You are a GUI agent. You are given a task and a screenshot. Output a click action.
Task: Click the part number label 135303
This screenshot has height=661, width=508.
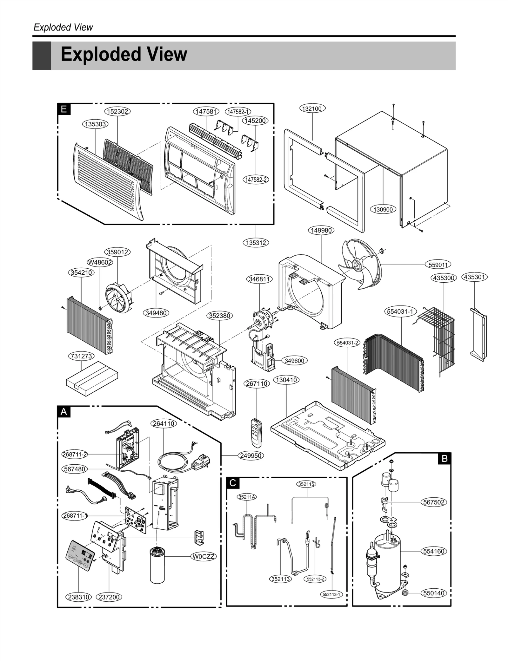[95, 124]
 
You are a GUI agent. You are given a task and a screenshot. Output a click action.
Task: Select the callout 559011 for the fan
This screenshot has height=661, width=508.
[438, 265]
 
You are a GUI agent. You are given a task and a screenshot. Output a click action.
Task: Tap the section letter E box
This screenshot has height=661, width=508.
[64, 109]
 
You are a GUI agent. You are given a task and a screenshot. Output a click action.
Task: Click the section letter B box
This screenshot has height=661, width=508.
[444, 458]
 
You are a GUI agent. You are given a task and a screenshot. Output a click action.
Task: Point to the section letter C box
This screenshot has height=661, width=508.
[233, 483]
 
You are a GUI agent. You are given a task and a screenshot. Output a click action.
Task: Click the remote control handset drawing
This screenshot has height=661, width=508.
[256, 433]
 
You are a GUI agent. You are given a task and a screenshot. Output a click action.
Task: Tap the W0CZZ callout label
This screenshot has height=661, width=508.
[204, 556]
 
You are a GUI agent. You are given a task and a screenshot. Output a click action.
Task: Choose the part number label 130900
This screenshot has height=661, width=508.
[383, 209]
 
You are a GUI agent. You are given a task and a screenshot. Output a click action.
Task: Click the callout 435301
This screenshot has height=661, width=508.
[474, 277]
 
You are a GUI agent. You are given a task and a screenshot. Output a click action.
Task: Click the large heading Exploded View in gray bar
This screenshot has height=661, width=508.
[124, 54]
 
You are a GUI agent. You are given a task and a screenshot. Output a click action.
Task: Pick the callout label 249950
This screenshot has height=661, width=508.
[251, 456]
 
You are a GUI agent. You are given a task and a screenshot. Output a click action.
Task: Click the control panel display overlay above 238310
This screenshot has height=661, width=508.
[81, 556]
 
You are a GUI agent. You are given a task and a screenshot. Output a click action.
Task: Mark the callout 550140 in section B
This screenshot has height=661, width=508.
[434, 593]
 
